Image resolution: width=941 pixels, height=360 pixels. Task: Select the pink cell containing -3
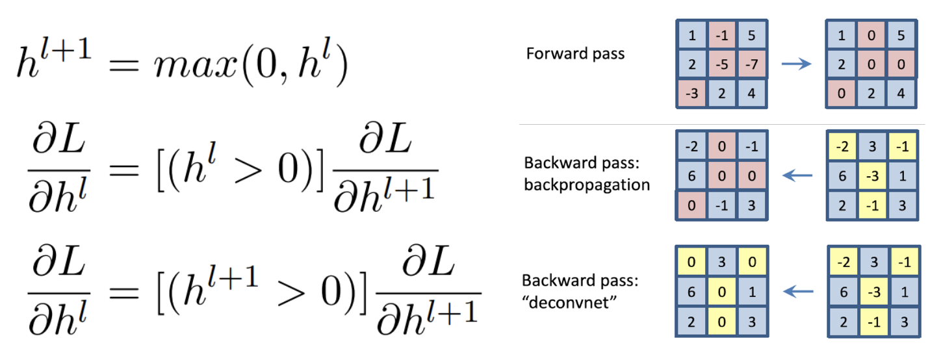691,94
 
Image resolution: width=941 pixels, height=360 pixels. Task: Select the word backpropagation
587,185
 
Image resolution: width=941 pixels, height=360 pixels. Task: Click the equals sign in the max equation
122,66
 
